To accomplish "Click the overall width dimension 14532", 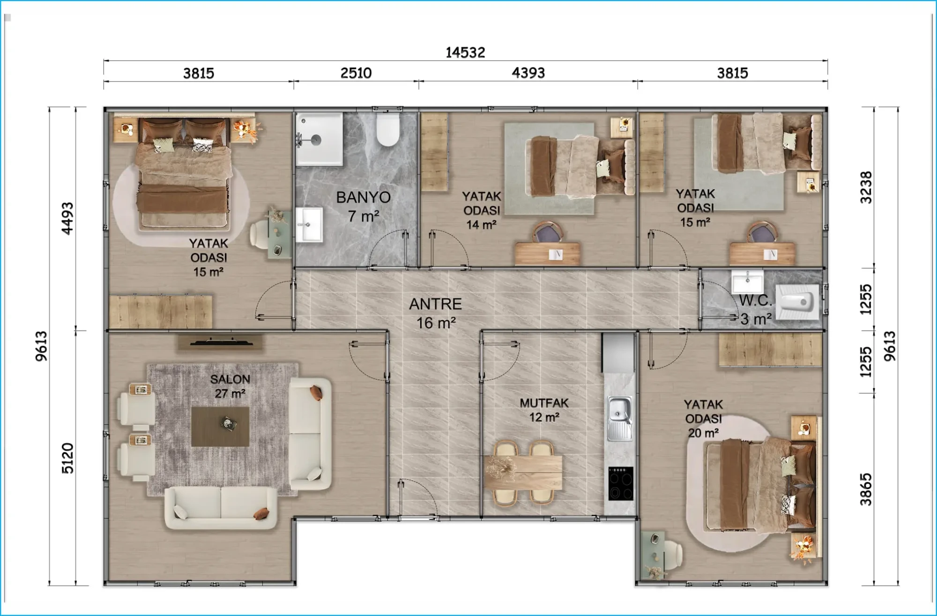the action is coord(465,52).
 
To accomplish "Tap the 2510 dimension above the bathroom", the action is coord(356,73).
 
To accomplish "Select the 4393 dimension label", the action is coord(528,73).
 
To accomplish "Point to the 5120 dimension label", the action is coord(68,458).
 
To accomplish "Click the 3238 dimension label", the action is coord(866,187).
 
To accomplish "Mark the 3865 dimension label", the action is coord(866,490).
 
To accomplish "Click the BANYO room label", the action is coord(364,198).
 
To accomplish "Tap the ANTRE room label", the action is coord(436,304).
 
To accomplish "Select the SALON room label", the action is coord(230,379).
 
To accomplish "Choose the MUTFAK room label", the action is coord(544,403).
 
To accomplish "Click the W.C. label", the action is coord(755,301).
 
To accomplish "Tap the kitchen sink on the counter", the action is coord(619,418).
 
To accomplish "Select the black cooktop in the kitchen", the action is coord(621,483).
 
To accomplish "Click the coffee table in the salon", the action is coord(220,426).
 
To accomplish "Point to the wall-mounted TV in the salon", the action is coord(221,342).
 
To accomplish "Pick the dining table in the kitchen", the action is coord(524,472).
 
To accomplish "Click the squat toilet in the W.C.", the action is coord(797,302).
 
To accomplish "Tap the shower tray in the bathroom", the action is coord(319,139).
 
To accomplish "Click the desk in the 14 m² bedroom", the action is coord(547,253).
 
